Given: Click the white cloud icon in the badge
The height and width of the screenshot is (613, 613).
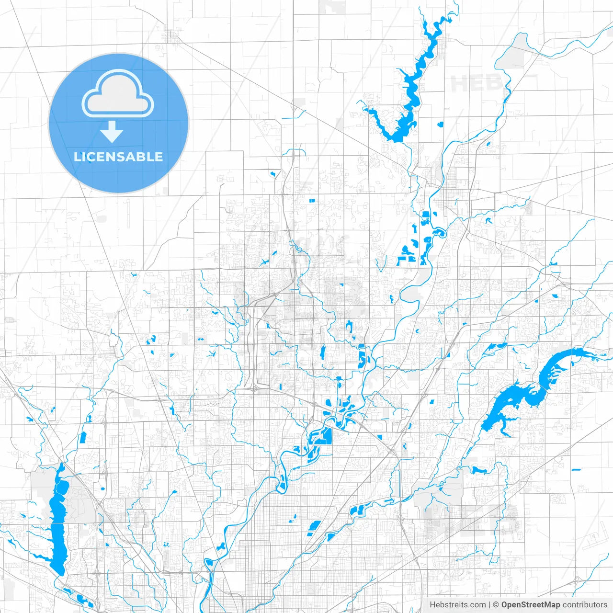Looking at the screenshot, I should tap(118, 94).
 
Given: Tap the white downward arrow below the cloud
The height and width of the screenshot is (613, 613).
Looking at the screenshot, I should tap(112, 132).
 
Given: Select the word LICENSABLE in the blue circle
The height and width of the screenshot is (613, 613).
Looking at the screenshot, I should tap(118, 157).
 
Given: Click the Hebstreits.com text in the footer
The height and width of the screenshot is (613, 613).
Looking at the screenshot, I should tap(457, 605).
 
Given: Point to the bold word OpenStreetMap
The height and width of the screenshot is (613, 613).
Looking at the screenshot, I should tap(530, 605).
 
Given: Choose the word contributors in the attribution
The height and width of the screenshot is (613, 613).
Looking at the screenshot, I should tap(585, 605).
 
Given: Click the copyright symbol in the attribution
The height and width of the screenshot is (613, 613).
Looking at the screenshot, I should tap(496, 605).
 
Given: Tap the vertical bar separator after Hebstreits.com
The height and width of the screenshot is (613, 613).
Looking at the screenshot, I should tap(489, 605).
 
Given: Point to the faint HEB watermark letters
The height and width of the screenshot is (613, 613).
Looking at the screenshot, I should tap(474, 84).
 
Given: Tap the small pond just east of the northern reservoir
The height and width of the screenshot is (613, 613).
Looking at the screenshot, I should tap(440, 125).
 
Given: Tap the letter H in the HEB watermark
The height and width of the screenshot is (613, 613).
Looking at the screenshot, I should tap(459, 84).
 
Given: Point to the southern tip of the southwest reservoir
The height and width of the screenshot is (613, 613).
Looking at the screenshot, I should tap(59, 571).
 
